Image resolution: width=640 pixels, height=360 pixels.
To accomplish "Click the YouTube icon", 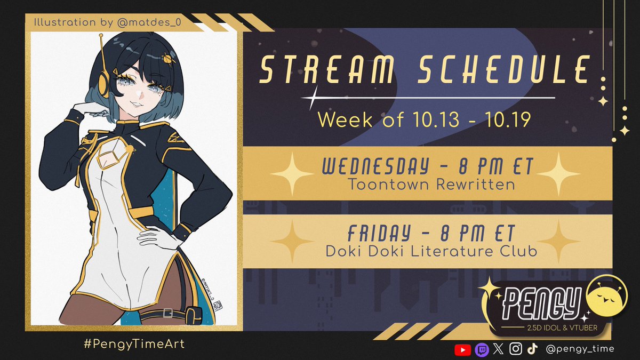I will pos(462,349).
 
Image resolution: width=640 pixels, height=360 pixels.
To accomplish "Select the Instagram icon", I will pos(515,349).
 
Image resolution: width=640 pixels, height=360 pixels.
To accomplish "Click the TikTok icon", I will pos(532,349).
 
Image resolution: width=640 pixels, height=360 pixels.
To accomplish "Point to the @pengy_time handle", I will pos(580,349).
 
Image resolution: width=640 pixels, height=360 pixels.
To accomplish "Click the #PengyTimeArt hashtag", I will pos(134,344).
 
